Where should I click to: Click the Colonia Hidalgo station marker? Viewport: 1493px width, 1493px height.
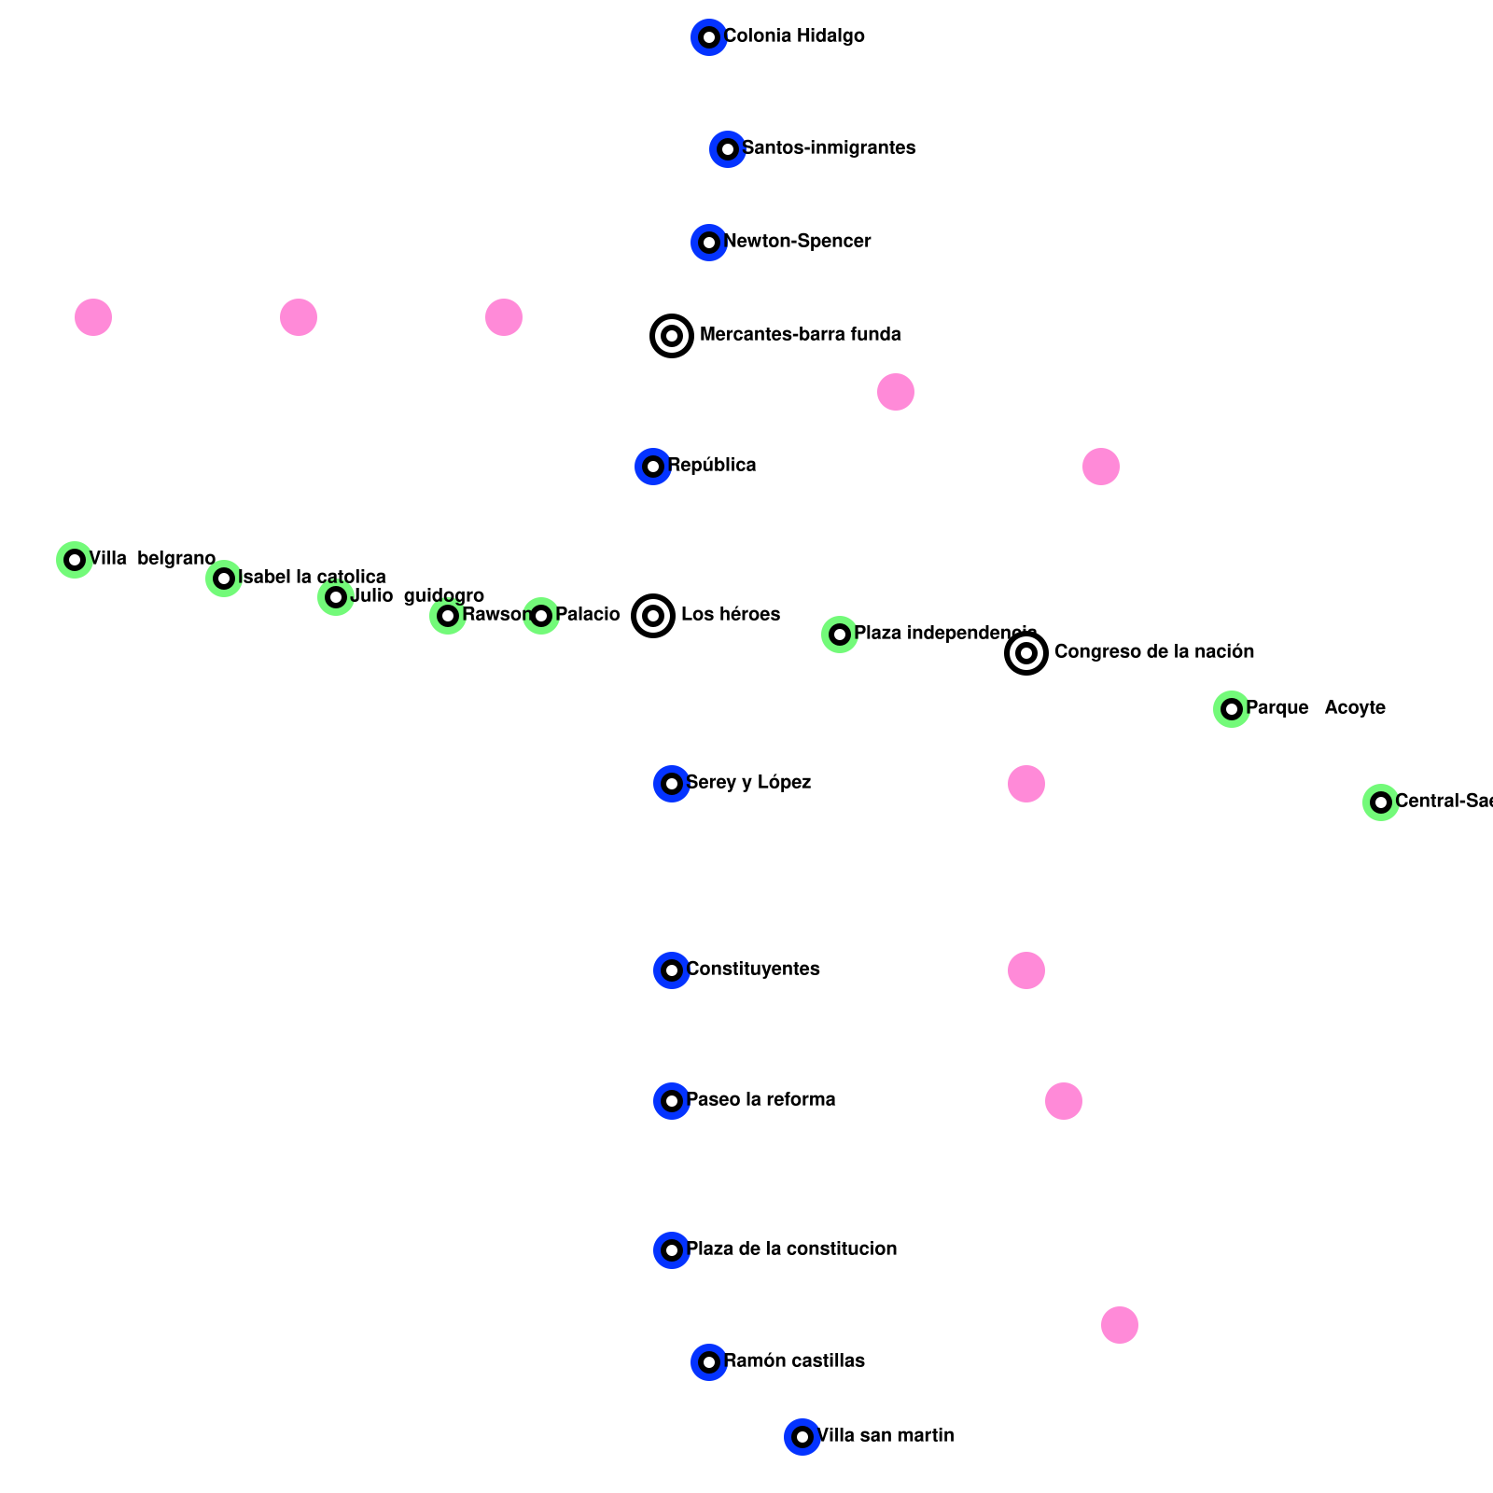click(x=709, y=37)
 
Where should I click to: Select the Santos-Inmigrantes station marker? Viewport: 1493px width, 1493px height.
click(x=728, y=149)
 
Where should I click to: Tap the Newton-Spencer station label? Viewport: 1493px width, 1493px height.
click(x=797, y=242)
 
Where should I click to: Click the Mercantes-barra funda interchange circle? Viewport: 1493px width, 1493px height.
click(x=672, y=336)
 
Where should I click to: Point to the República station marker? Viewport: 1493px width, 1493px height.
click(x=653, y=467)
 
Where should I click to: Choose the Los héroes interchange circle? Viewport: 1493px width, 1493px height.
click(x=653, y=616)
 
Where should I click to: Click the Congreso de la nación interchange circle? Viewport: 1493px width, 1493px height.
click(x=1026, y=653)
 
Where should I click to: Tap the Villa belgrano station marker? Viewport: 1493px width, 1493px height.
click(x=75, y=560)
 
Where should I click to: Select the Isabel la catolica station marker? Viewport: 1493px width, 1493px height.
click(x=224, y=579)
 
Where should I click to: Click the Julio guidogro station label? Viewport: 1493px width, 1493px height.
click(x=417, y=596)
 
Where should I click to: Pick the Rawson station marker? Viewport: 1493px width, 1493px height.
click(x=448, y=616)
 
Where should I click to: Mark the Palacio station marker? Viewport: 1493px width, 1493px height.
click(x=541, y=616)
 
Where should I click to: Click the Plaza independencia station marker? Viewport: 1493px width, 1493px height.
click(x=840, y=635)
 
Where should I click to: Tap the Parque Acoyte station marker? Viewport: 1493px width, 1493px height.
click(x=1232, y=709)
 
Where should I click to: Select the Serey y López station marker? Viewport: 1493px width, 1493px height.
click(x=672, y=784)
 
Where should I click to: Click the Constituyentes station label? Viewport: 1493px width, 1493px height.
click(x=753, y=970)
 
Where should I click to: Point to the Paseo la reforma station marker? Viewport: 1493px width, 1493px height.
click(x=672, y=1101)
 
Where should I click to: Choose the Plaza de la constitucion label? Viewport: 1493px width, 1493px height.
click(x=791, y=1249)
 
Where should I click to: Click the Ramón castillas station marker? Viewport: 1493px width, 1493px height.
click(x=709, y=1362)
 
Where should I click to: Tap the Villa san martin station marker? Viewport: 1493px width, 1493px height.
click(x=802, y=1437)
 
